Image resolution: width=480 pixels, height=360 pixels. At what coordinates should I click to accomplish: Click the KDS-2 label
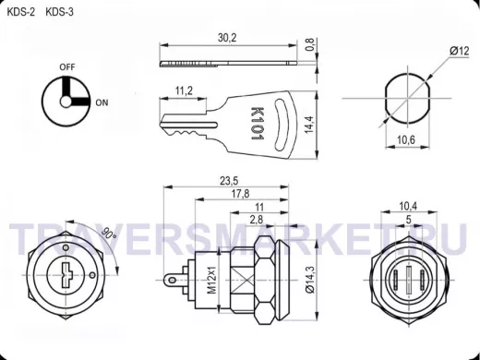click(21, 12)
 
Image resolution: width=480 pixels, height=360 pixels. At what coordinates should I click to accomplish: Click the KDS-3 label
click(59, 12)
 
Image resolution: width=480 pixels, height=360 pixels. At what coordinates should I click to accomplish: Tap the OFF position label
click(67, 66)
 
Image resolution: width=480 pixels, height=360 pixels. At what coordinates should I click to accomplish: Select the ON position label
click(102, 102)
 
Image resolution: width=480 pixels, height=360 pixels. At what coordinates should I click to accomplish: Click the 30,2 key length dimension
click(227, 38)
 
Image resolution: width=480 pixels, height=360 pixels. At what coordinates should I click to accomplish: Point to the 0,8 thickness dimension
click(310, 44)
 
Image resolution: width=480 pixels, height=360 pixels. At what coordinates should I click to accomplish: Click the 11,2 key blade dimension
click(184, 90)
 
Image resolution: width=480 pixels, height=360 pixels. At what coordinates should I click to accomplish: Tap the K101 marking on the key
click(257, 124)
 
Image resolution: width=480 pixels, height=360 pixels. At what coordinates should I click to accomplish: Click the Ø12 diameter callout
click(460, 51)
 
